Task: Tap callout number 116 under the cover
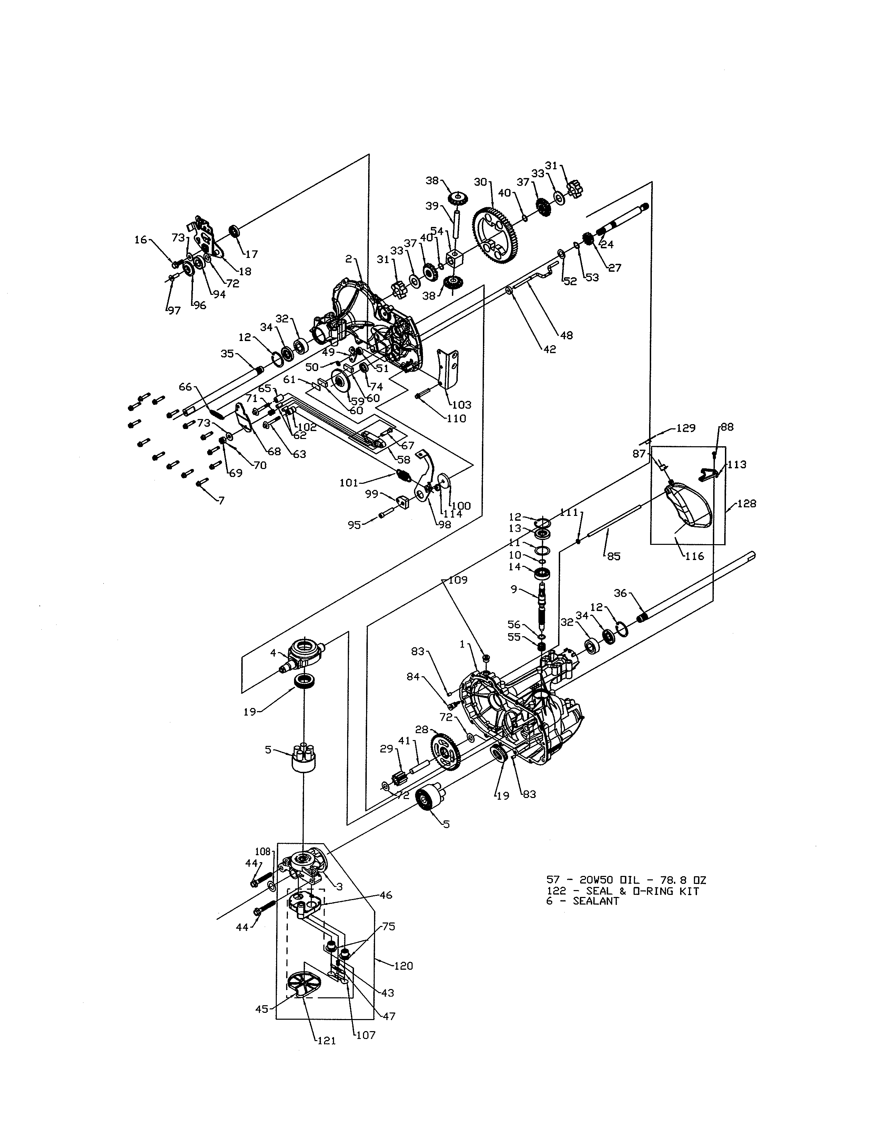694,556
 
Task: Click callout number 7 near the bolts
221,500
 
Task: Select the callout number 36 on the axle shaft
620,593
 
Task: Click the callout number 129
686,428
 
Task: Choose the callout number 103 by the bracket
461,405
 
